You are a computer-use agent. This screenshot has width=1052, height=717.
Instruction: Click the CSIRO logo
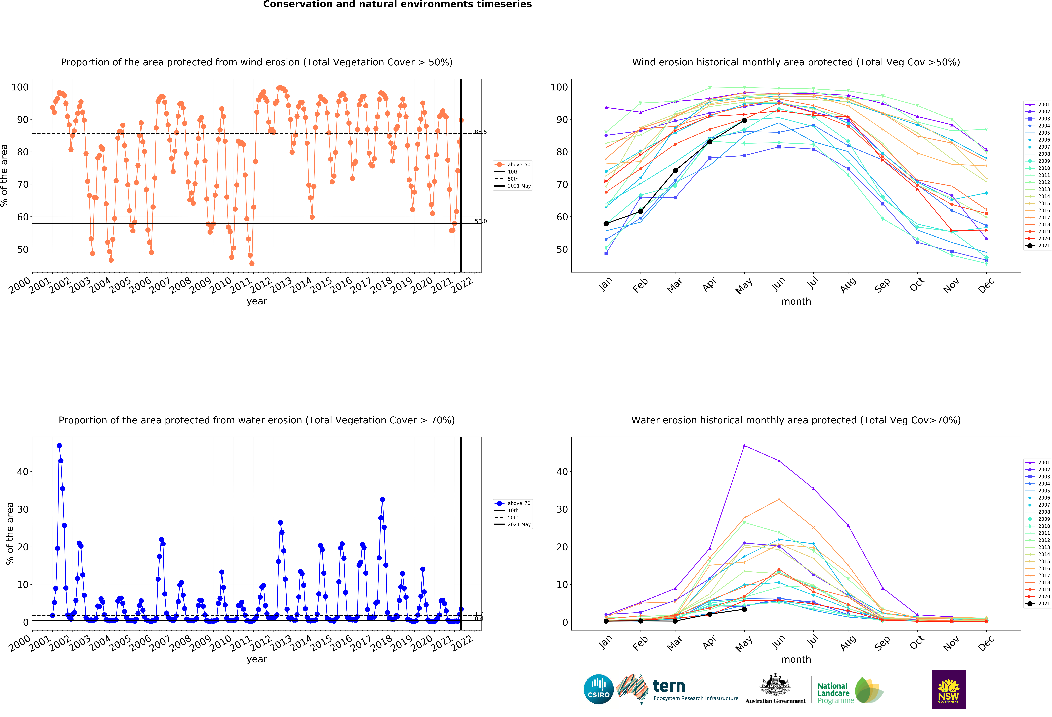pyautogui.click(x=598, y=689)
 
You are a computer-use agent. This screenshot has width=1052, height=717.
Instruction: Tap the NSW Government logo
pyautogui.click(x=948, y=689)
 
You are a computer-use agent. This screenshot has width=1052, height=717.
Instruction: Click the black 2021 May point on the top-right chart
pyautogui.click(x=744, y=120)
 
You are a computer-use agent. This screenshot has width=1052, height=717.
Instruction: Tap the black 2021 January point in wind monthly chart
pyautogui.click(x=606, y=224)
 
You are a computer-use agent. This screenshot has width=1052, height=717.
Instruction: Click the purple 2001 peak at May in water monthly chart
pyautogui.click(x=744, y=446)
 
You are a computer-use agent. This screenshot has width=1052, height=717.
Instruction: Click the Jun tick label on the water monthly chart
pyautogui.click(x=778, y=642)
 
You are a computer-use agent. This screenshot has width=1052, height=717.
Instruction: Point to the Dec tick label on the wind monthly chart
pyautogui.click(x=986, y=285)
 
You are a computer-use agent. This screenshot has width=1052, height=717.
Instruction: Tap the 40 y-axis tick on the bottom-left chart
pyautogui.click(x=23, y=472)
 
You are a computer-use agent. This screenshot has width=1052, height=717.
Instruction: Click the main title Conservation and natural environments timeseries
pyautogui.click(x=397, y=4)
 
